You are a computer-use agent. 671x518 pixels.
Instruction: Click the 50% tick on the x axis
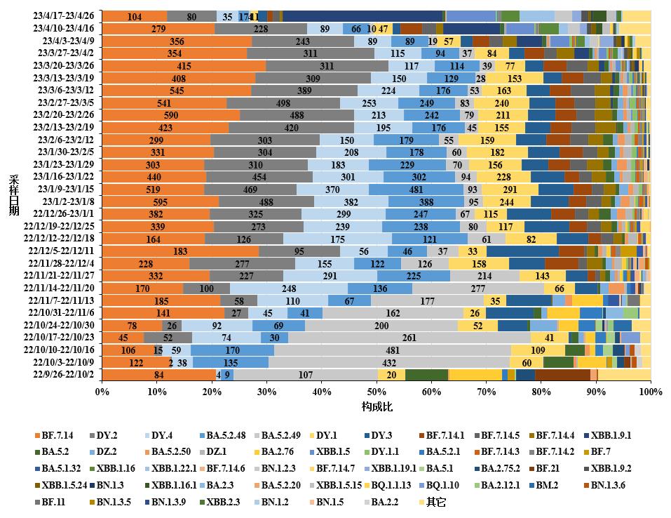pyautogui.click(x=377, y=390)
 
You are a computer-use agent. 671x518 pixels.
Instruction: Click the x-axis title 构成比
pyautogui.click(x=376, y=406)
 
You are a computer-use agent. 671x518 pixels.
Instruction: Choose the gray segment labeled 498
pyautogui.click(x=283, y=102)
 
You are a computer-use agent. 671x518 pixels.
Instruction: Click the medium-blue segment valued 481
pyautogui.click(x=416, y=189)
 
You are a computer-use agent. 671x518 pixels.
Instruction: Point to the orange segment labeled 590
pyautogui.click(x=171, y=115)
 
